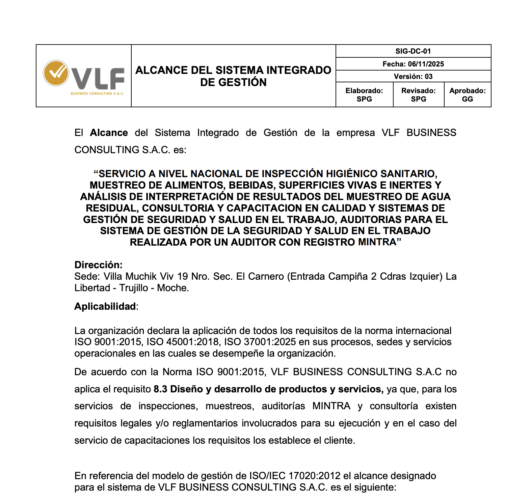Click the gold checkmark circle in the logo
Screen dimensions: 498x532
pyautogui.click(x=56, y=73)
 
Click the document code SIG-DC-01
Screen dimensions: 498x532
pyautogui.click(x=413, y=51)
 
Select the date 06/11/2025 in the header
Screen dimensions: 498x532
pyautogui.click(x=426, y=64)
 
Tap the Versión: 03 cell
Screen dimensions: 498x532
pyautogui.click(x=413, y=77)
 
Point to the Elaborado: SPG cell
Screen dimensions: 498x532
pyautogui.click(x=364, y=95)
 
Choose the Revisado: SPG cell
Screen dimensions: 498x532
pyautogui.click(x=418, y=95)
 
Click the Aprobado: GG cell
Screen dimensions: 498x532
pyautogui.click(x=468, y=95)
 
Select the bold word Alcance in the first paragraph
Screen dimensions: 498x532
pyautogui.click(x=109, y=133)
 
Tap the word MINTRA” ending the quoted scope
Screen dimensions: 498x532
pyautogui.click(x=379, y=242)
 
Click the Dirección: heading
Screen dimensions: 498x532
pyautogui.click(x=98, y=265)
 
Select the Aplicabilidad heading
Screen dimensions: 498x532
pyautogui.click(x=105, y=306)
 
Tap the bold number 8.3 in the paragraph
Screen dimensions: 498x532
pyautogui.click(x=160, y=389)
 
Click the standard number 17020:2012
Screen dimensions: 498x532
pyautogui.click(x=314, y=476)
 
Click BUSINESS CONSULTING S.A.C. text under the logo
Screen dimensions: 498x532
pyautogui.click(x=97, y=93)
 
